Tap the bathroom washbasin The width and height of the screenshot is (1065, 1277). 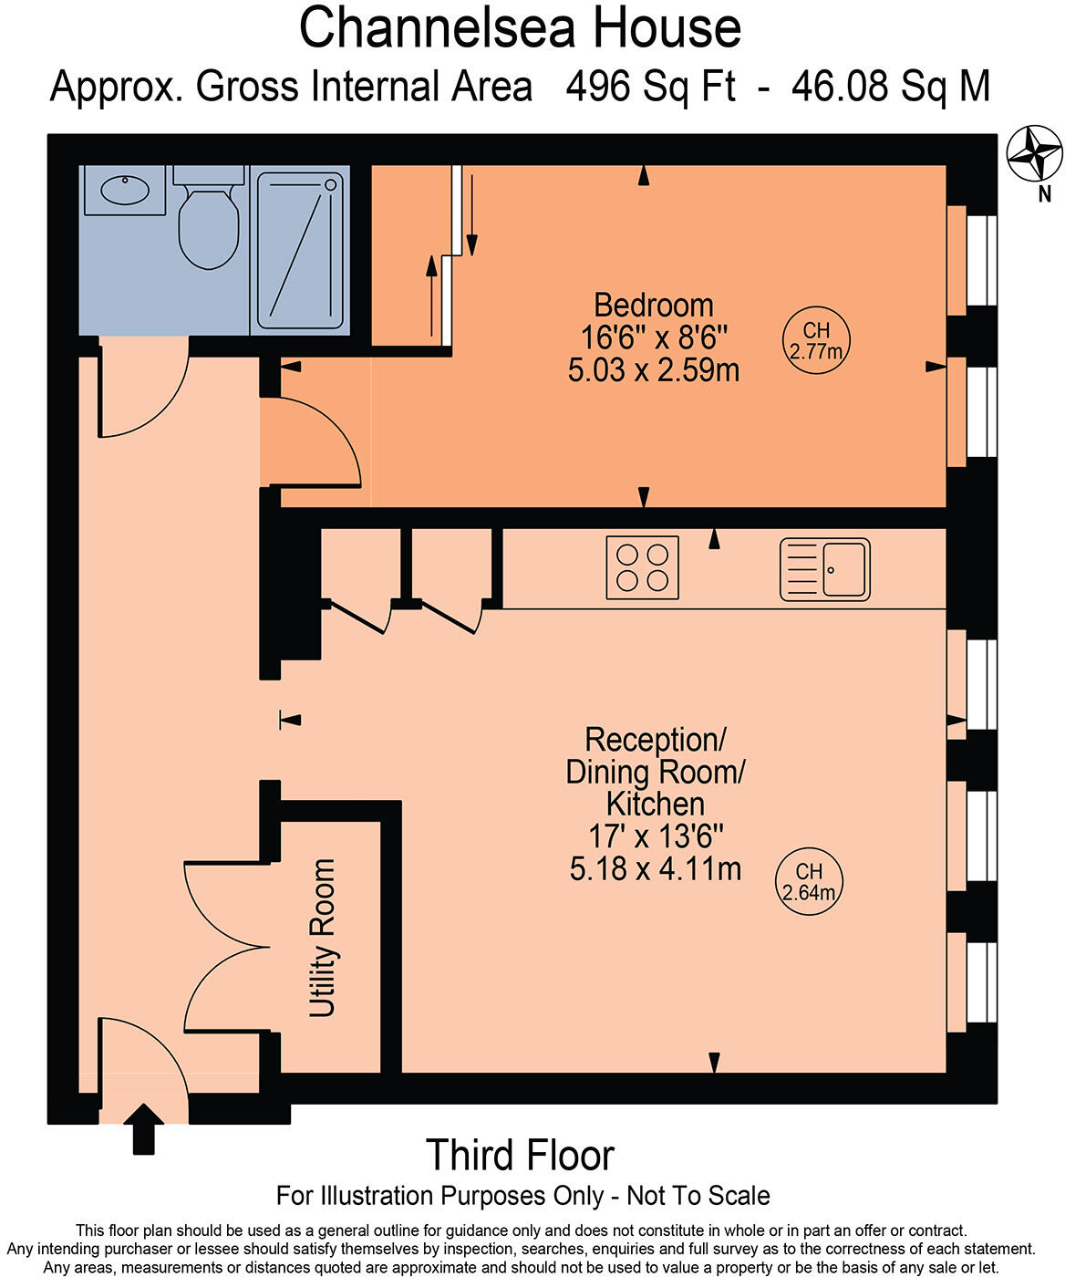coord(125,191)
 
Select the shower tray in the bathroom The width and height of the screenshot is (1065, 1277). coord(300,251)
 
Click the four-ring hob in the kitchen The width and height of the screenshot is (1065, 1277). coord(642,567)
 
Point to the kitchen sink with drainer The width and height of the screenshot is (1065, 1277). coord(824,569)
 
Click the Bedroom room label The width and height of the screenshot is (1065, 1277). coord(654,306)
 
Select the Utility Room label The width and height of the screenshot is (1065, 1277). coord(322,939)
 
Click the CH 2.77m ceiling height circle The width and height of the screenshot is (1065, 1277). coord(816,340)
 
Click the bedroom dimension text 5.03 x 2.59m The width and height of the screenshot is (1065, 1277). coord(654,370)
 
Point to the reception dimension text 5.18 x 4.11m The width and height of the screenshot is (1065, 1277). coord(656,868)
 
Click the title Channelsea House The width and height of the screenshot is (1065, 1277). coord(521,28)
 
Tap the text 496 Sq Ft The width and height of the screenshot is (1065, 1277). coord(650,87)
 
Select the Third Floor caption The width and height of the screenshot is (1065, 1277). coord(521,1156)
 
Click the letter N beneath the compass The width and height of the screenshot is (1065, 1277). coord(1045,194)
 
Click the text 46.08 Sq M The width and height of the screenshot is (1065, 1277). coord(890,87)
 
